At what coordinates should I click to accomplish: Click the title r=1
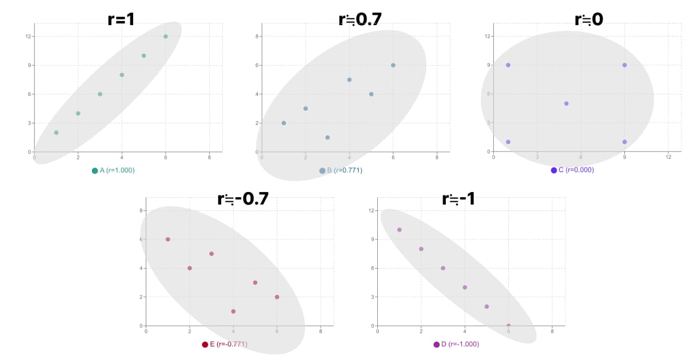121,19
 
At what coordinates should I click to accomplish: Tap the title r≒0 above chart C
588,19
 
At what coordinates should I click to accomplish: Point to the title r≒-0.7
242,199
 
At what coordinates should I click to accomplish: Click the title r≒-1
458,199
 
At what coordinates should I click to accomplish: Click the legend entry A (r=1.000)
113,170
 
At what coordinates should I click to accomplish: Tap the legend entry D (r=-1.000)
456,344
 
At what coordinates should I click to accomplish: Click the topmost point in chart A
166,37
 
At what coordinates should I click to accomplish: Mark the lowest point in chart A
56,133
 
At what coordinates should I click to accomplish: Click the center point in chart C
566,103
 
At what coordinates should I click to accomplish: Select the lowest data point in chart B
328,138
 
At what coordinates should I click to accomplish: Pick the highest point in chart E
167,239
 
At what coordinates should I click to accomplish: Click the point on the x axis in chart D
508,326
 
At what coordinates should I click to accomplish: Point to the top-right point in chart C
624,65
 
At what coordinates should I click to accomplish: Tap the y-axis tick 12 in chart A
29,37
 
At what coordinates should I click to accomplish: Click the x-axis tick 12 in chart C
668,157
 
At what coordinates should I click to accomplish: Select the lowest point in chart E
233,311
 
